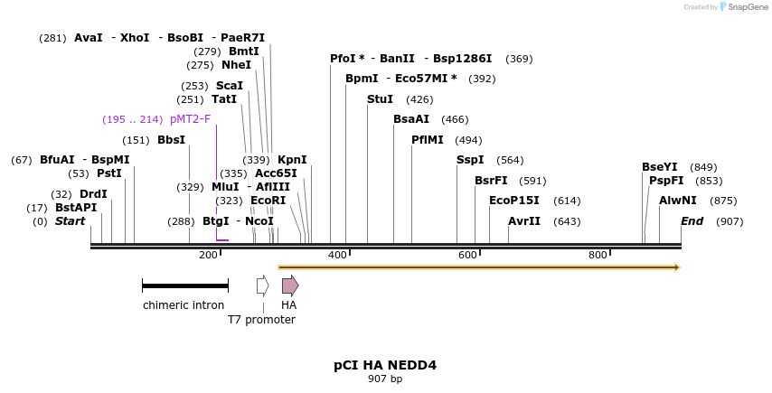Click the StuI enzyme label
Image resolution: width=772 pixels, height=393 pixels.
380,99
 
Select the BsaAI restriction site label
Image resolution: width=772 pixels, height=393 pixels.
411,119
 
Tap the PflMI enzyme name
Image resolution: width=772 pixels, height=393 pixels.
428,140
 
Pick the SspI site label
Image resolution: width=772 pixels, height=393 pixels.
470,160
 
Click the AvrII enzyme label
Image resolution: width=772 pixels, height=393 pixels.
524,221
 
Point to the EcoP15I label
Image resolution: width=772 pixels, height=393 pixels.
513,201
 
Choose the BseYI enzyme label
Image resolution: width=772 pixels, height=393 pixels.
660,167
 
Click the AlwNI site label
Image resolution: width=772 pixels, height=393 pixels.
678,201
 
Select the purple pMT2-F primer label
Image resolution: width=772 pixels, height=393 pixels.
190,119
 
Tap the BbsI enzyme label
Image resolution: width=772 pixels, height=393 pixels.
171,140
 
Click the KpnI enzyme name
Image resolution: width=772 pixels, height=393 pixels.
292,160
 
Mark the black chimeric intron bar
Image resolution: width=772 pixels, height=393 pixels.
184,286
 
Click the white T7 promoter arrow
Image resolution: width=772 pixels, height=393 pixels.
262,286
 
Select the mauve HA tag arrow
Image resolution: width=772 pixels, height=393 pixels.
289,286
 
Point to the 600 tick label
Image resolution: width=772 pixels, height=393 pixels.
467,256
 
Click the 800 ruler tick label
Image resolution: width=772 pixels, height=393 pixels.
598,256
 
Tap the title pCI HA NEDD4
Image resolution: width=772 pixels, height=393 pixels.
385,365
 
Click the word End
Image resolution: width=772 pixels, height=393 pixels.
692,221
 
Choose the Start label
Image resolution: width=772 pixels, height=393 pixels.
71,221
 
